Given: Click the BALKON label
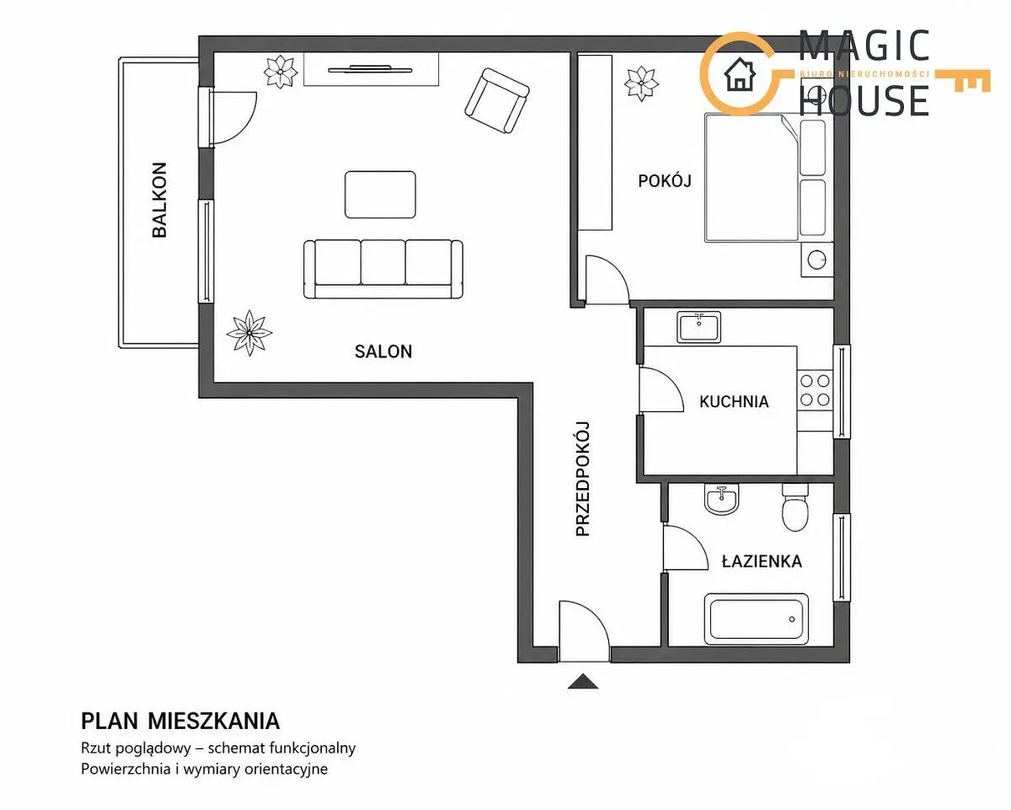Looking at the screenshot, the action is [159, 200].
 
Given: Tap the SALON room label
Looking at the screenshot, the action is [383, 351].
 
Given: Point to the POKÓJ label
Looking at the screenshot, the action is [664, 180].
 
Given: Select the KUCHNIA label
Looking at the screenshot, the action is [734, 401].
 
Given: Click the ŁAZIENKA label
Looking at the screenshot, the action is [762, 561].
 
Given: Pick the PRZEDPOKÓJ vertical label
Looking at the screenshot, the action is [582, 479].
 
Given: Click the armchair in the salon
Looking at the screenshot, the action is [497, 100].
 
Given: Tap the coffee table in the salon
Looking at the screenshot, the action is [380, 195].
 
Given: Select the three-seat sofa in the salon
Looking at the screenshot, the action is [382, 269].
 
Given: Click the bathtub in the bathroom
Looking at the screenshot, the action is [756, 619].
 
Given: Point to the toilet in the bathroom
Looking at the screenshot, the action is [794, 507].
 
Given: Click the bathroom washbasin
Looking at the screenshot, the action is [722, 499].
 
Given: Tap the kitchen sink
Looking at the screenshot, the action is [698, 327].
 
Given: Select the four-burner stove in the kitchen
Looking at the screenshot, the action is [815, 389].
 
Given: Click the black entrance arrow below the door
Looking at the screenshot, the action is [582, 681].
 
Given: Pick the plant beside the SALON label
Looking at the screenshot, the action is [249, 332].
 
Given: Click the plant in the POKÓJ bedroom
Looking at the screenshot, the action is [641, 83].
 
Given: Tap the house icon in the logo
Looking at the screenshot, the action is [740, 74].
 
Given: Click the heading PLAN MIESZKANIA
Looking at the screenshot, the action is [180, 721].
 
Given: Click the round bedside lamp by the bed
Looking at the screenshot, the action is [816, 259].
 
